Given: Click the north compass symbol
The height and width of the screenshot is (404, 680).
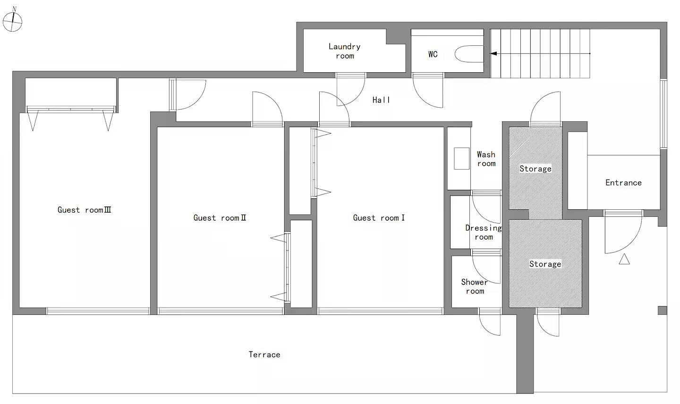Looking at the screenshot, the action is pos(12,21).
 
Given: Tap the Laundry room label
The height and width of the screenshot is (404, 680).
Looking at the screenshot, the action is pos(345,51).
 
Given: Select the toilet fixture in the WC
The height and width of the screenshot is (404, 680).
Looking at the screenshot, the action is pos(469,54).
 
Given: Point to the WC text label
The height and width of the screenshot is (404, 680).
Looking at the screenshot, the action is pos(433,54).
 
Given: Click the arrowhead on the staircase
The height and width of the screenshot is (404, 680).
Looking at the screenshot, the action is pos(493,53).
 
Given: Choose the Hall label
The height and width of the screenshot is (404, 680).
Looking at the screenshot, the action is pos(381,100).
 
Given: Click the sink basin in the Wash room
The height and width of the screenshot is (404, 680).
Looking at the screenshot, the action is pos(462,158).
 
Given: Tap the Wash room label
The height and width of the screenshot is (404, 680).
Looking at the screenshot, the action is pos(486,159).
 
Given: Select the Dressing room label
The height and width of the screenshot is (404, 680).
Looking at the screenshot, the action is pos(484,232).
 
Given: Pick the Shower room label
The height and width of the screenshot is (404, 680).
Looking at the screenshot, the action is pos(475,286).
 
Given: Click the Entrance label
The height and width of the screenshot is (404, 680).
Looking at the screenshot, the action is pos(623,182).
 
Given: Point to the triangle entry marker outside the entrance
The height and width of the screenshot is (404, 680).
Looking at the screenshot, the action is pos(624,259).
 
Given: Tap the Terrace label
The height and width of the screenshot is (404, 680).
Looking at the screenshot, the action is pos(264,354).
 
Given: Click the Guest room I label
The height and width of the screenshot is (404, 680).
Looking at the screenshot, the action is pos(379,218).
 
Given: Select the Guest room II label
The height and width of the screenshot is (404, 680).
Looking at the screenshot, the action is pos(220,218).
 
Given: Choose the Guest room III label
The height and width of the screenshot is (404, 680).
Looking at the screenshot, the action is pos(85,210).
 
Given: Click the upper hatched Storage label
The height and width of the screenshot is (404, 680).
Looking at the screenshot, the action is pos(535,169).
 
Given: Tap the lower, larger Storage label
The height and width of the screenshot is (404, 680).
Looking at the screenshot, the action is pos(545,264).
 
